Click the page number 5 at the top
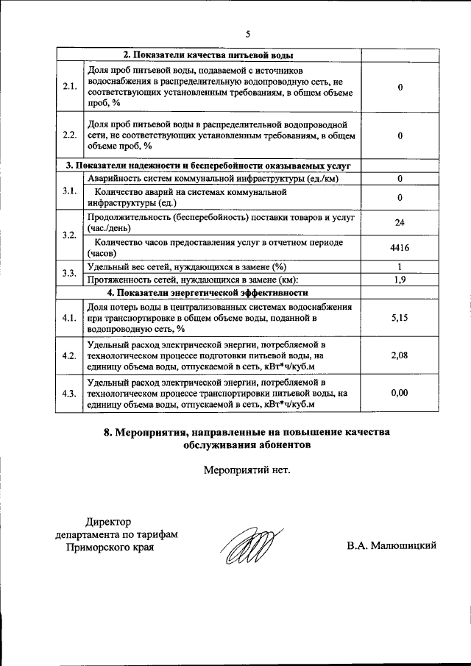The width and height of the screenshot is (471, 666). coord(248,33)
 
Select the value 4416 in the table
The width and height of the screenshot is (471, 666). coord(399,248)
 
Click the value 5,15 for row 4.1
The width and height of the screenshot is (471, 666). coord(399,318)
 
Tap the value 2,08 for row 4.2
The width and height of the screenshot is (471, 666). coord(399,355)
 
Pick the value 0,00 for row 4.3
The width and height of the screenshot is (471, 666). coord(399,393)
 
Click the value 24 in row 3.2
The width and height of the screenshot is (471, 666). coord(399,223)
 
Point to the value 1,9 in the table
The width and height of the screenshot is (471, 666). coord(399,280)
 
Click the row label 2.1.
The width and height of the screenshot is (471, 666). coord(70,87)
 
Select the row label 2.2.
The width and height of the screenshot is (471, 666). coord(70,135)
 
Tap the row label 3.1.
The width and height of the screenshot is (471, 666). coord(70,191)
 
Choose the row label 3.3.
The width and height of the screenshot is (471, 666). coord(70,273)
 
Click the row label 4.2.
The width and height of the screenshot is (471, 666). coord(70,355)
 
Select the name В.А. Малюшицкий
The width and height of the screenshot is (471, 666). coord(392,545)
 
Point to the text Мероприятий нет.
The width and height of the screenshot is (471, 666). coord(247,469)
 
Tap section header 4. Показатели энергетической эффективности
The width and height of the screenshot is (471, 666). coord(208,292)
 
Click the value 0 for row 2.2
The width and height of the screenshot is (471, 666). coord(399,135)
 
